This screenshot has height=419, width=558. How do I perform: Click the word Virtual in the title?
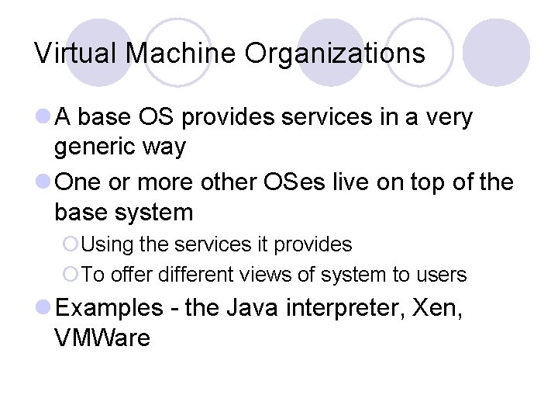tap(75, 54)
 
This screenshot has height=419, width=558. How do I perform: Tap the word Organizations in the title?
tap(336, 54)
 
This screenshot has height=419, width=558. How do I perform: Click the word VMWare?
tap(102, 338)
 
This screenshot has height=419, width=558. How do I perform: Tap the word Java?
tap(253, 308)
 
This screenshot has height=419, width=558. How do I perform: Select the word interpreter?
tap(348, 308)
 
